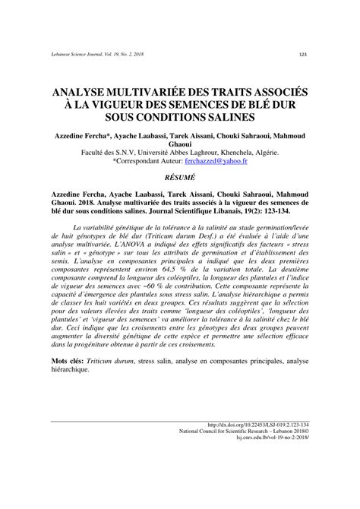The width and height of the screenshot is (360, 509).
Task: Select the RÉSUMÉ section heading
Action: coord(180,176)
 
